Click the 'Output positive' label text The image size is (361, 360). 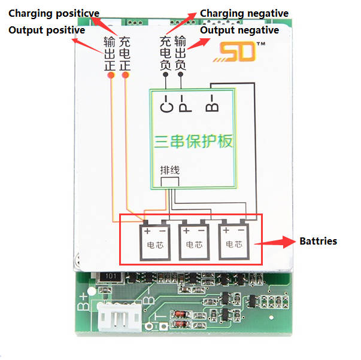46,30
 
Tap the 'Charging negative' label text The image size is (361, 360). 244,13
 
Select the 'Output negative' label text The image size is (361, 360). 239,30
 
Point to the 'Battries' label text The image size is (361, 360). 318,241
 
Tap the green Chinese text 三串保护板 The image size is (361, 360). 193,142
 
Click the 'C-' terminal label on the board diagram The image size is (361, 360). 167,105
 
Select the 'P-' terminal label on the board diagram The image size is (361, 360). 184,105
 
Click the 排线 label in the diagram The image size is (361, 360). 170,170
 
